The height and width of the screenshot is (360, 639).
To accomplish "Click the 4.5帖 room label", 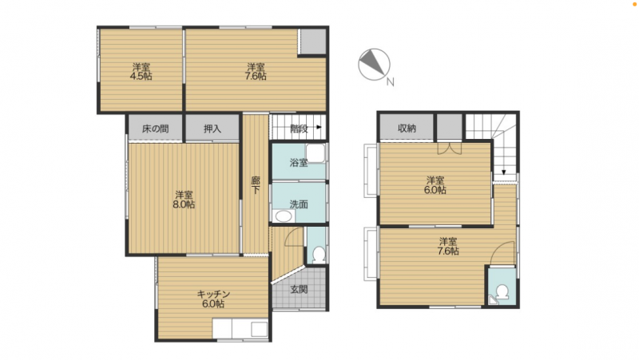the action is [x=141, y=71].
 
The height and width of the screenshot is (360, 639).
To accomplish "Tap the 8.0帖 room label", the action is [x=184, y=200].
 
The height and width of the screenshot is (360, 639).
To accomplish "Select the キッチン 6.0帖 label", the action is [x=213, y=299].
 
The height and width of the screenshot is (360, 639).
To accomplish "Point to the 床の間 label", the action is [x=155, y=129].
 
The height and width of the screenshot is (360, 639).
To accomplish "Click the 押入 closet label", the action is [x=212, y=129].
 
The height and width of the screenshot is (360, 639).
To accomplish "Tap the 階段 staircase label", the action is [x=299, y=129].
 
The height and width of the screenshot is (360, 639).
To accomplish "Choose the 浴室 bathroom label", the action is [x=299, y=163].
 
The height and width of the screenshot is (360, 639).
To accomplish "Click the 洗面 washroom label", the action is [x=299, y=204].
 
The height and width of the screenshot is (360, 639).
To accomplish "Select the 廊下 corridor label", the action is [x=256, y=185].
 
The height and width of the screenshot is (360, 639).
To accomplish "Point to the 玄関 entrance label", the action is [x=299, y=290].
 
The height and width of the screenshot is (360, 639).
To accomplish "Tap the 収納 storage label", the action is [x=407, y=129].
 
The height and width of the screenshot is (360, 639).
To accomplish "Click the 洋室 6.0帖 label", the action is [x=435, y=185].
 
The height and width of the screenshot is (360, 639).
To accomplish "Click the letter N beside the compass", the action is [x=391, y=82].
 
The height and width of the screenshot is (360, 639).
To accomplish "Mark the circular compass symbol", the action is [x=374, y=65].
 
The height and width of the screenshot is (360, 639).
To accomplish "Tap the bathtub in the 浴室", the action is [x=316, y=153].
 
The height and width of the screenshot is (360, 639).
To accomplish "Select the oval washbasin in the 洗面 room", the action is [x=283, y=216].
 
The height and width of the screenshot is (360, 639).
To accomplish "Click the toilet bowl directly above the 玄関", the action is [x=318, y=254].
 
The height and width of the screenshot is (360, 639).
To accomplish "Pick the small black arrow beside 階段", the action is [x=319, y=128].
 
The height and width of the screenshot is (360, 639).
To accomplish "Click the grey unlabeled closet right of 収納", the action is [x=450, y=127].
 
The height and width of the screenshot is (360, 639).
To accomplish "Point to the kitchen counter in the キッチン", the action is [x=240, y=329].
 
